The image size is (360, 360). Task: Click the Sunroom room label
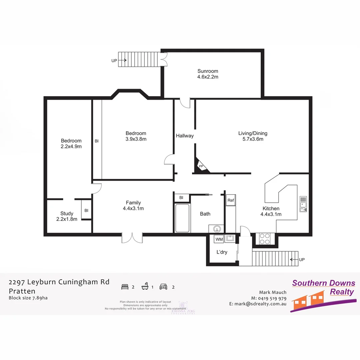[x=208, y=71]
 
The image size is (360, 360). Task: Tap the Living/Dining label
[x=253, y=133]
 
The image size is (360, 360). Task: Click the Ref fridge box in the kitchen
[x=231, y=200]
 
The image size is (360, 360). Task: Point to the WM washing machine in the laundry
[x=219, y=239]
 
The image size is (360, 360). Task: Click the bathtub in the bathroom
[x=182, y=218]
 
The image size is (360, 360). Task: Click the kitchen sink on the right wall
[x=303, y=204]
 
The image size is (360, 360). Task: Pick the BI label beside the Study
[x=86, y=210]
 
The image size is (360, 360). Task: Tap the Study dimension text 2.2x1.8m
[x=67, y=219]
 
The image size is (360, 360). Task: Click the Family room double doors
[x=132, y=237]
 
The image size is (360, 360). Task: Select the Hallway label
[x=185, y=136]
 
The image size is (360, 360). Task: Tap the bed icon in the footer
[x=125, y=286]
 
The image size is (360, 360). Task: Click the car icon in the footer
[x=163, y=286]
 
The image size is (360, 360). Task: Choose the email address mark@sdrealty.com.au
[x=258, y=304]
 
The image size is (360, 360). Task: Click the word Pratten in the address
[x=22, y=291]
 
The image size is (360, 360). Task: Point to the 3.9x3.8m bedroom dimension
[x=136, y=139]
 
